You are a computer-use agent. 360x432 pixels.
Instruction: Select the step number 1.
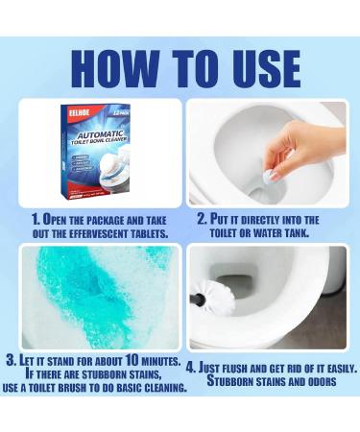coord(35,219)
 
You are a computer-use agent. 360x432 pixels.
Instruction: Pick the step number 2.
coord(203,219)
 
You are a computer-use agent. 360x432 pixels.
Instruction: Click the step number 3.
coord(12,361)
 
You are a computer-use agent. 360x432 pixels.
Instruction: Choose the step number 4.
coord(192,368)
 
